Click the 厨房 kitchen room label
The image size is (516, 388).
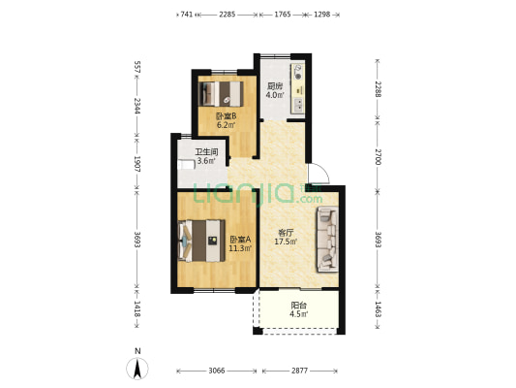click(275, 86)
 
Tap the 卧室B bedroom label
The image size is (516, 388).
click(227, 116)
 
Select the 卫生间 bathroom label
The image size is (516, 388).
click(206, 152)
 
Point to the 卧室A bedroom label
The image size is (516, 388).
click(240, 240)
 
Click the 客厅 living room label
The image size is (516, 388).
click(286, 233)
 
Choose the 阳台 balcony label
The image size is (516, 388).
click(299, 306)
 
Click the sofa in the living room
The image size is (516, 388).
click(327, 240)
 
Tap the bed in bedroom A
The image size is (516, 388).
click(201, 241)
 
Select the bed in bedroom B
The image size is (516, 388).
click(221, 94)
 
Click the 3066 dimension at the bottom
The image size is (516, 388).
click(217, 371)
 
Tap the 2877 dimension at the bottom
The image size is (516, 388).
click(299, 371)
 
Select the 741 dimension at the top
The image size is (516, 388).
click(186, 15)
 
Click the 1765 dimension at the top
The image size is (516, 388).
click(283, 15)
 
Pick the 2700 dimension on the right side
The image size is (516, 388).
click(379, 157)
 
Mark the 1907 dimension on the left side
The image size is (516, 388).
click(137, 164)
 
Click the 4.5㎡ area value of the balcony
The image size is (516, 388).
click(299, 314)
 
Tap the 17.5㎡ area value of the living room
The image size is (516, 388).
click(286, 242)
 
